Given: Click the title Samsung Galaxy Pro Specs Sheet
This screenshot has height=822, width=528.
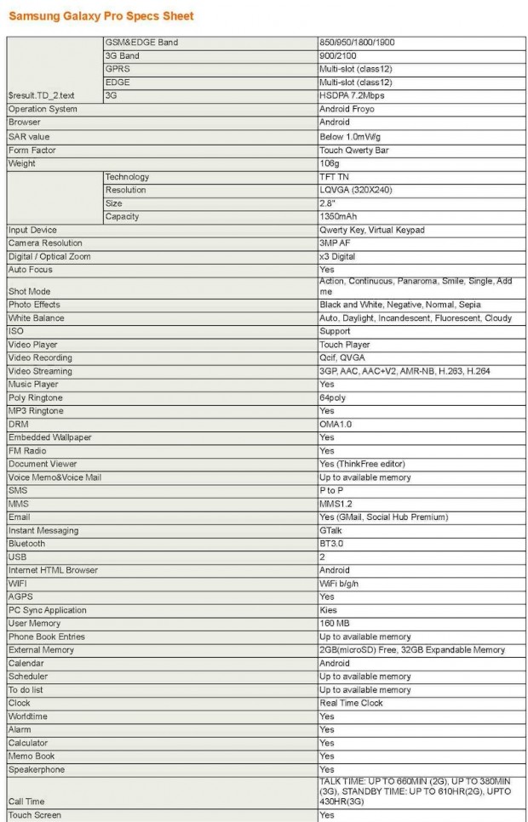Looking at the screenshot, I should pos(101,15).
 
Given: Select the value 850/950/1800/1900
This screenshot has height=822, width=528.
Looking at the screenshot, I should pos(356,43).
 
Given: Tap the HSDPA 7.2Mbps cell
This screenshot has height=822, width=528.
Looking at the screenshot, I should pos(352,96).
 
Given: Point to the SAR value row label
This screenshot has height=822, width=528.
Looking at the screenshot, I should pos(29,136).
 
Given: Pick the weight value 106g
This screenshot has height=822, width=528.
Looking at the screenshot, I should pos(330,163).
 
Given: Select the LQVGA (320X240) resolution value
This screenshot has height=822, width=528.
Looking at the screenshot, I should pos(355,190).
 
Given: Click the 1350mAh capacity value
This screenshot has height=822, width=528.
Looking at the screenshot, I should pos(336,217).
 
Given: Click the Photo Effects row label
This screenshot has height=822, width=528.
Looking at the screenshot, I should pos(34,305).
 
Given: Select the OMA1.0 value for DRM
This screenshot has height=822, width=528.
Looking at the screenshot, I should pos(336,424).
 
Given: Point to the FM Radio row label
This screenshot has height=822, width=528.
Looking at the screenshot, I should pos(28,450).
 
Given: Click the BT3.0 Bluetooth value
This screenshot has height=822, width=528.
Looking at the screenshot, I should pos(333,543).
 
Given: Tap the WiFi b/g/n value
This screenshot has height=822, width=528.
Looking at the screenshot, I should pos(342,583).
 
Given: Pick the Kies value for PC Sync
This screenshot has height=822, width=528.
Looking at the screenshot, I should pos(329,610).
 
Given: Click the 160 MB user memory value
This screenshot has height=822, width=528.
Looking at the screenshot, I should pos(334,623).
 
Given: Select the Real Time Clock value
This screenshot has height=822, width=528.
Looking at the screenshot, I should pos(351,703).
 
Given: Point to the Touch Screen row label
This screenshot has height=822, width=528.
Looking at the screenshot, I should pos(35,815).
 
